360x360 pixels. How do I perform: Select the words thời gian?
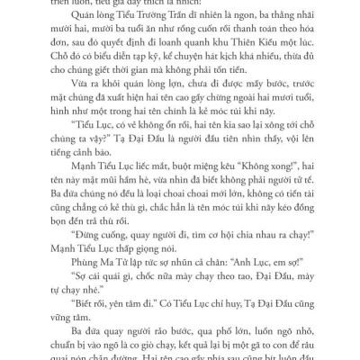[x=175, y=80]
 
